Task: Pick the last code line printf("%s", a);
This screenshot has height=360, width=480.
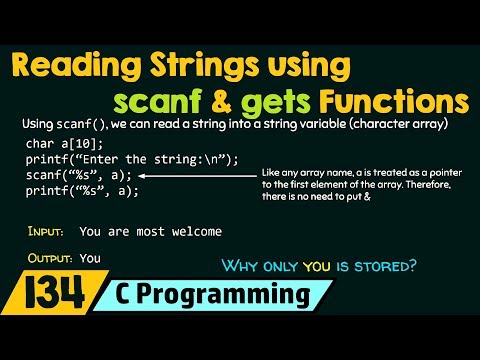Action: [x=82, y=191]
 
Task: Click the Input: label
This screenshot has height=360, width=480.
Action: [x=46, y=232]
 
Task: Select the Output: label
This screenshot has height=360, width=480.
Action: [x=50, y=258]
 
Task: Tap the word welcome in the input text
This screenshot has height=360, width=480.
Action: [x=193, y=232]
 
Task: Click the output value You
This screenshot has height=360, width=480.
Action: [x=90, y=258]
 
